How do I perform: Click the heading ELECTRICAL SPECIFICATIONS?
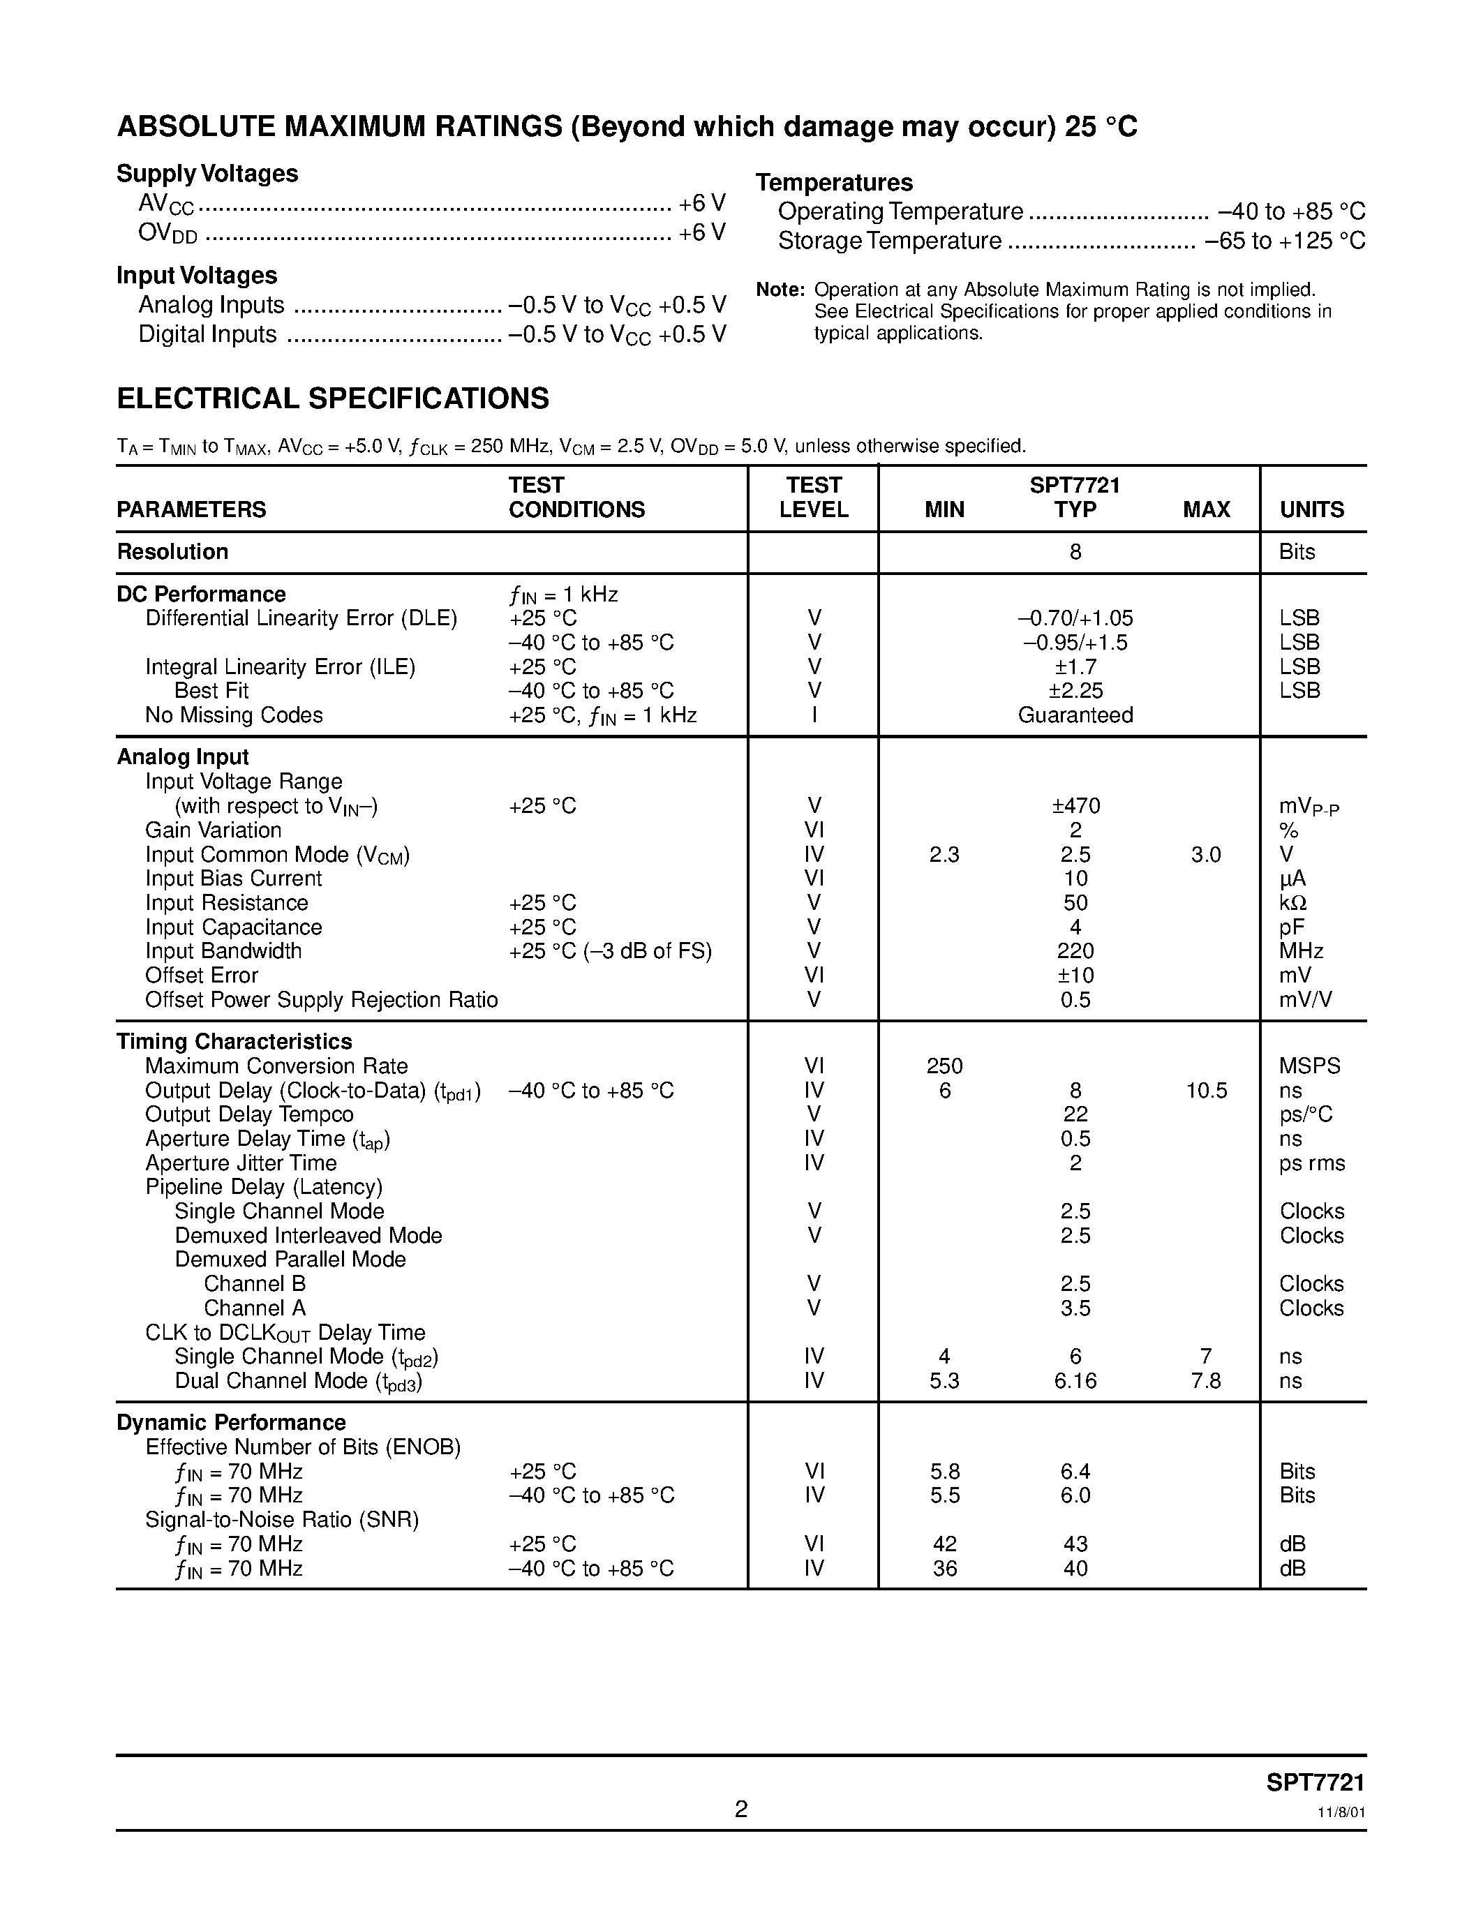[333, 399]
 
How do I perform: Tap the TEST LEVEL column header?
[814, 498]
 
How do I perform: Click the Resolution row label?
[172, 552]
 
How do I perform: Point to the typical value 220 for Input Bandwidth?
[1075, 950]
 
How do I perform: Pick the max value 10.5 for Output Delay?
[1206, 1091]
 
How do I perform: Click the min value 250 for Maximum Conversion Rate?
[944, 1066]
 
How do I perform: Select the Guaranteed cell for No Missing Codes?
[1075, 715]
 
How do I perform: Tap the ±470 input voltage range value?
[1075, 806]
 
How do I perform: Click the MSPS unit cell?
[1310, 1066]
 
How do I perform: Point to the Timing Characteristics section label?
[234, 1041]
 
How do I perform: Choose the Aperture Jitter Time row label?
[241, 1163]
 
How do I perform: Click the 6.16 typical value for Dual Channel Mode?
[1075, 1380]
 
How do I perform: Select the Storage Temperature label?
[889, 241]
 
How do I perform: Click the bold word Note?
[780, 290]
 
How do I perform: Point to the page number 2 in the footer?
[740, 1809]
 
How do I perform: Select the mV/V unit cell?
[1308, 1000]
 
